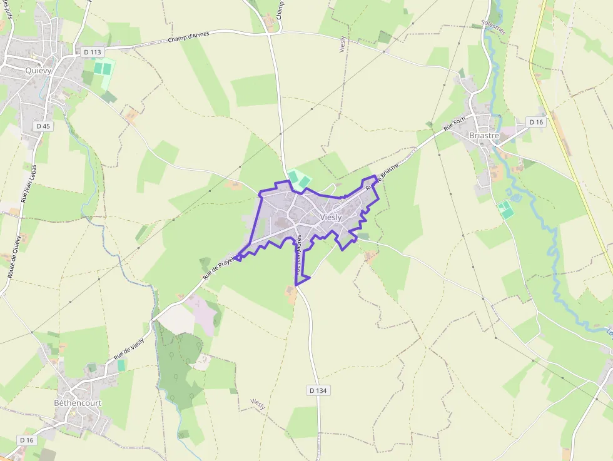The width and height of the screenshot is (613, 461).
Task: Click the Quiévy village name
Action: pos(38,71)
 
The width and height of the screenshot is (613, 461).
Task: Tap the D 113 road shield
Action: pos(92,52)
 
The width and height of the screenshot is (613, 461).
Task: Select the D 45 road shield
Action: pos(43,126)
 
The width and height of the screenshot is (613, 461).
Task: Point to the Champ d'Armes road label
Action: pos(188,38)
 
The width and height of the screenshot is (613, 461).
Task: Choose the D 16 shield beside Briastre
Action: pos(536,122)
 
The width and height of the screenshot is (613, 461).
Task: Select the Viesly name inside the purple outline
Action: pos(331,217)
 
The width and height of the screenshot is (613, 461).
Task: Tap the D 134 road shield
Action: pos(318,390)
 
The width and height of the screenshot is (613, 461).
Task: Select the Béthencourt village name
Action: pos(78,403)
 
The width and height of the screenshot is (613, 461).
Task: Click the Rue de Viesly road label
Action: pos(129,348)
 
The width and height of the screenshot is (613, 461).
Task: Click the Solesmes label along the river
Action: pos(494,26)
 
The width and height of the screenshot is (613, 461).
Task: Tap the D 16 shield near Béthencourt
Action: pos(26,440)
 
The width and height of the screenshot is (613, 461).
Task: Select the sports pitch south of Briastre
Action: pos(505,209)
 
